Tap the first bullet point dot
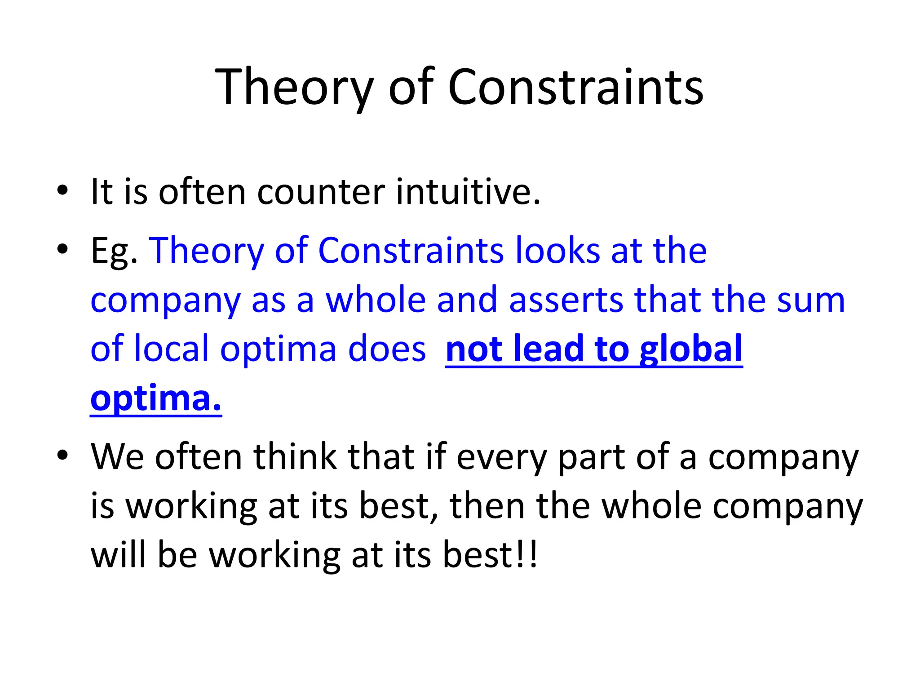point(62,190)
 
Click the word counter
point(321,192)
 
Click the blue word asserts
point(566,300)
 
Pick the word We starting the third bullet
point(117,457)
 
